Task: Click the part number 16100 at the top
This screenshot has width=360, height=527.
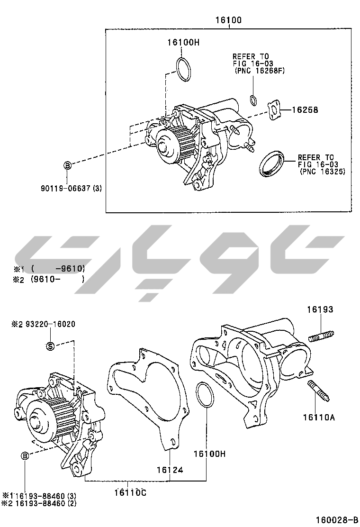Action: (x=229, y=20)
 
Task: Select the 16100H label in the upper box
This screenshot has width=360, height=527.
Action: (x=183, y=42)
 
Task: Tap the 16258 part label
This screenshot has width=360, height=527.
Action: (x=305, y=110)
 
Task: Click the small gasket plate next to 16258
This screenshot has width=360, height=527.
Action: (x=274, y=110)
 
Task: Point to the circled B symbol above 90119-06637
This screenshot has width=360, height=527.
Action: (x=67, y=165)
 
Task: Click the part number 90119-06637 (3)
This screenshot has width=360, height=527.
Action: (x=71, y=188)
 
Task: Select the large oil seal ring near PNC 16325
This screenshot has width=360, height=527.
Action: (x=272, y=163)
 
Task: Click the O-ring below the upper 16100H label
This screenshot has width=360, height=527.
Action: (x=184, y=69)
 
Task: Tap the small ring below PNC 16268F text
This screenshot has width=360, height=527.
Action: (x=253, y=100)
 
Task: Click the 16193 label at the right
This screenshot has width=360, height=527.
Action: (x=320, y=309)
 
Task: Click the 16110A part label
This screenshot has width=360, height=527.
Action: (x=319, y=417)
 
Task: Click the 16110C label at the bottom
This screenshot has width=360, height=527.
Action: (x=130, y=492)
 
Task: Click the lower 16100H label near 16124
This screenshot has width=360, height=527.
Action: (x=209, y=454)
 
